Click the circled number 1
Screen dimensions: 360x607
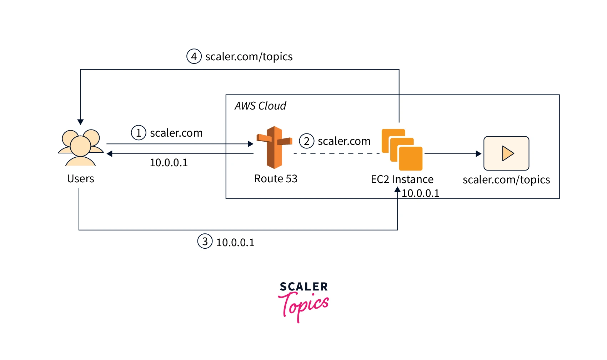139,133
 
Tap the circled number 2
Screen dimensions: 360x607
306,141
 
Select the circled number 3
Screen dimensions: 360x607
205,242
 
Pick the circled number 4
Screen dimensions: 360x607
194,56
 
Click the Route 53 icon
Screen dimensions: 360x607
274,147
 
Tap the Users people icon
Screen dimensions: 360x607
81,147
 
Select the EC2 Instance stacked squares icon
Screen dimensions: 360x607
402,149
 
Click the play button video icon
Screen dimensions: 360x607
506,153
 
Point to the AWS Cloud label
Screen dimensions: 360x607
260,106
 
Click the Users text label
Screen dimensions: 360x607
81,178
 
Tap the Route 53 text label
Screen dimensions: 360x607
276,178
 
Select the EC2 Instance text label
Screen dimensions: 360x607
402,179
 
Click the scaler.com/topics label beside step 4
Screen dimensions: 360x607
249,56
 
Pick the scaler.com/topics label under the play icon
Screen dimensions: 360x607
506,179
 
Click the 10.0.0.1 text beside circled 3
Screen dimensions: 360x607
235,242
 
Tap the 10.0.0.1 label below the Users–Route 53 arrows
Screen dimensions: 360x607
169,163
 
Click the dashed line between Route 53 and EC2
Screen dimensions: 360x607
336,154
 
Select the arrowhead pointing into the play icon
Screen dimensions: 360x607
478,154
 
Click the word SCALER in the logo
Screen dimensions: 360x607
303,287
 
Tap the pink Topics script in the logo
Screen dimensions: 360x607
303,305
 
